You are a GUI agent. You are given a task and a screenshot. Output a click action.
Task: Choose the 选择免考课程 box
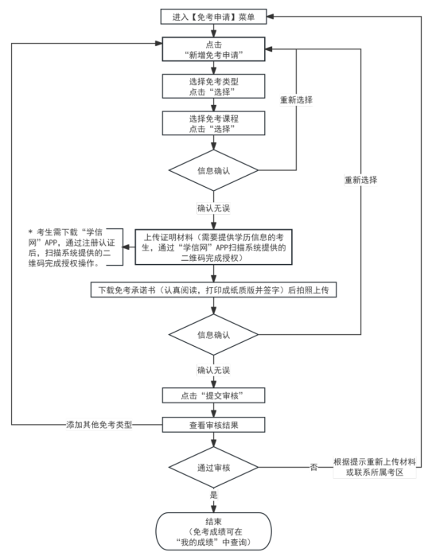tap(214, 123)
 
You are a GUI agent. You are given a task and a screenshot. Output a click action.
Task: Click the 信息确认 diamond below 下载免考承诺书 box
tap(214, 335)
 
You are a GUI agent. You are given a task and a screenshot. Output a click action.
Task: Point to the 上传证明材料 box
tap(214, 247)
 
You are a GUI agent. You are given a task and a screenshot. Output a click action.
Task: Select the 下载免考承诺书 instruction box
tap(214, 291)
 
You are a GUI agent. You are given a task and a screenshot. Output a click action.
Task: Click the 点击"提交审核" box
tap(214, 395)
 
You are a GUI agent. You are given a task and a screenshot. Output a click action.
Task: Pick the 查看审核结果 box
tap(214, 425)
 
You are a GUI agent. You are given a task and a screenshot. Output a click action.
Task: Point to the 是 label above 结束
tap(214, 495)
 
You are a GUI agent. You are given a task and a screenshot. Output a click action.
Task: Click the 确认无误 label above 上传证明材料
tap(214, 208)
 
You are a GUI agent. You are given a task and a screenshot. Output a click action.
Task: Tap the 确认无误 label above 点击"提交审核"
tap(214, 370)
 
